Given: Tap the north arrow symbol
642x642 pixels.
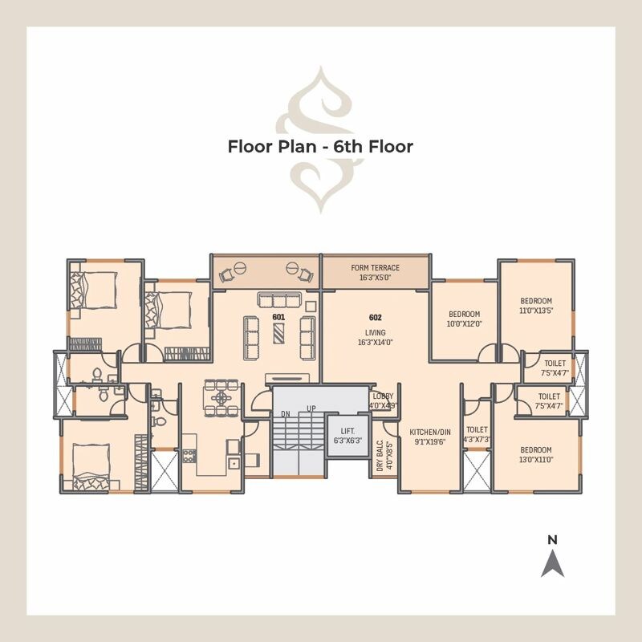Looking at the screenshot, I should [552, 564].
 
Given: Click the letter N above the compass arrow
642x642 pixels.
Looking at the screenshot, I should [552, 541].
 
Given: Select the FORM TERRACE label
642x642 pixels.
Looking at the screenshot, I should [375, 272].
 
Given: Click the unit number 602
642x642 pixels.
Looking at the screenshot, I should [375, 318].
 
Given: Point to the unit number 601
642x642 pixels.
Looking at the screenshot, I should [278, 318].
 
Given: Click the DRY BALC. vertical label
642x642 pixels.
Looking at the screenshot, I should [384, 454].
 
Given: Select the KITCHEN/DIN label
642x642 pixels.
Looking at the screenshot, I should [430, 436].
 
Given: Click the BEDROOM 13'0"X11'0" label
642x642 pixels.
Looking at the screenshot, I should [535, 454].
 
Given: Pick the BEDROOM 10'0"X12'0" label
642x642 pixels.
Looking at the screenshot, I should [464, 319].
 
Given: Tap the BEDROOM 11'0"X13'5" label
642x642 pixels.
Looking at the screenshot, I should [536, 306].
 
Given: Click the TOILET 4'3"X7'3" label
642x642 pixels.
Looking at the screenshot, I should [477, 434].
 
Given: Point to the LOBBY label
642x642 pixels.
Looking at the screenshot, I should [383, 400].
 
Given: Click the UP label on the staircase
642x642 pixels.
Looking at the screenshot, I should [311, 409].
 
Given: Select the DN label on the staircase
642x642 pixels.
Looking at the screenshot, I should [285, 414].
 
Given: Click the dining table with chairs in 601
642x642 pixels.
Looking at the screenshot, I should [221, 396].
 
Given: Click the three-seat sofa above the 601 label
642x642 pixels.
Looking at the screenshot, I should [278, 300].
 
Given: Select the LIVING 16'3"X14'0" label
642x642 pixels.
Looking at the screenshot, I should [375, 337].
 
